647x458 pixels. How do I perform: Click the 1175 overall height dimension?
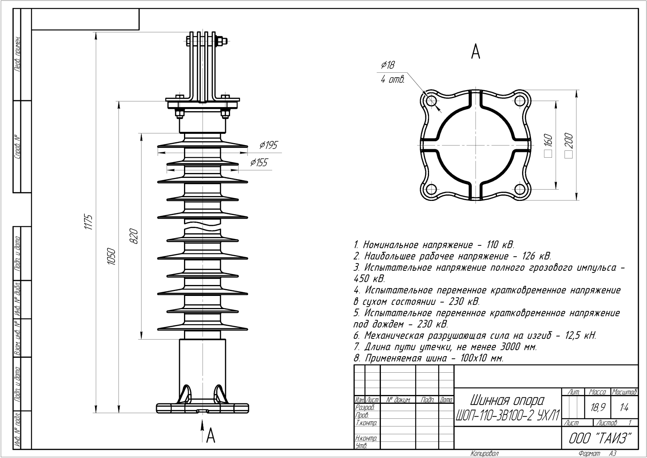point(89,222)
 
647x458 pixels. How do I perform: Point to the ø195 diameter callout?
point(269,145)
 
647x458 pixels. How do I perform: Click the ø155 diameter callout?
point(259,163)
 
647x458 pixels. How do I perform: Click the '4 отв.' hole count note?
point(392,80)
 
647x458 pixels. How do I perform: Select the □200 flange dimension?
point(569,146)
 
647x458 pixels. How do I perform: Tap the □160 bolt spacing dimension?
point(548,146)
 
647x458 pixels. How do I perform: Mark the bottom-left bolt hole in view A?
point(431,189)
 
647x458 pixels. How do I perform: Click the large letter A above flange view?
point(476,52)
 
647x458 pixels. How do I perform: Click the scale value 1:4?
point(624,408)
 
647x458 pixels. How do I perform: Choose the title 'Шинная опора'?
point(507,401)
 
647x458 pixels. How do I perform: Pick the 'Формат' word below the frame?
point(590,454)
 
